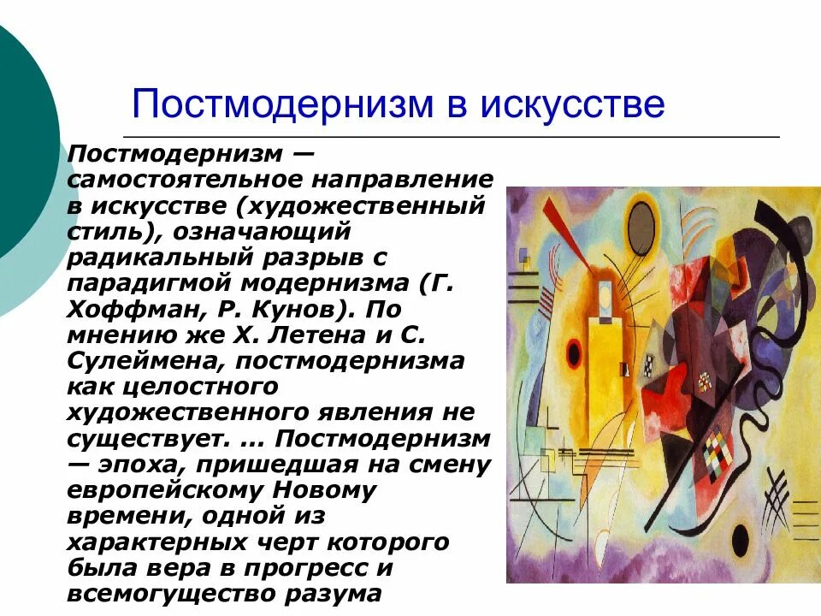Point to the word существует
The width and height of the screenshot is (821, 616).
click(x=141, y=439)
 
